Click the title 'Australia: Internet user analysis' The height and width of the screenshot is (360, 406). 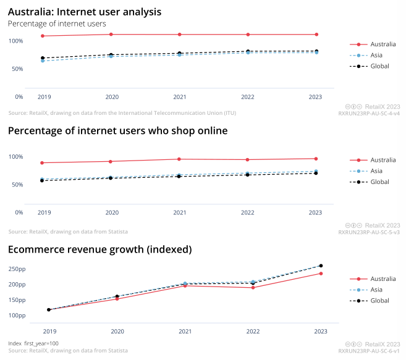pyautogui.click(x=85, y=12)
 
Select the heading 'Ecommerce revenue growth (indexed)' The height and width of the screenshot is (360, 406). pyautogui.click(x=99, y=249)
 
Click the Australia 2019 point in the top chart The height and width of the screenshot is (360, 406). pyautogui.click(x=43, y=36)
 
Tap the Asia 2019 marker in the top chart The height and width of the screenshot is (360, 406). pyautogui.click(x=43, y=61)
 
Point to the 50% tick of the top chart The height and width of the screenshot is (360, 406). pyautogui.click(x=16, y=69)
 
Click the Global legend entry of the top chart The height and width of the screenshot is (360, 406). pyautogui.click(x=379, y=65)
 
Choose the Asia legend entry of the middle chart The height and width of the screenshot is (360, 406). pyautogui.click(x=376, y=170)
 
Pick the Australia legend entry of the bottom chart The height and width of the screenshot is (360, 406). pyautogui.click(x=383, y=278)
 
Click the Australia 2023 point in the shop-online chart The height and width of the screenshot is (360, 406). pyautogui.click(x=316, y=159)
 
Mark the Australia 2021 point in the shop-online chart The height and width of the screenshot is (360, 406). pyautogui.click(x=179, y=159)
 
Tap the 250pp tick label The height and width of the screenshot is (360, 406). pyautogui.click(x=17, y=269)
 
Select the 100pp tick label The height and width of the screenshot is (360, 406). pyautogui.click(x=17, y=316)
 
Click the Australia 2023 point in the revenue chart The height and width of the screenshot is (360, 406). pyautogui.click(x=321, y=274)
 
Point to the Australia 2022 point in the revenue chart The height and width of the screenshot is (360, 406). pyautogui.click(x=253, y=288)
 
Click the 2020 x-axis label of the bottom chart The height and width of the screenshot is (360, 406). pyautogui.click(x=117, y=332)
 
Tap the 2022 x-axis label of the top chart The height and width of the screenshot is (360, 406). pyautogui.click(x=247, y=97)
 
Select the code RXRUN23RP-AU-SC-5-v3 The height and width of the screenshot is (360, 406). pyautogui.click(x=369, y=232)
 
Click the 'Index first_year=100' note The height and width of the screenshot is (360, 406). pyautogui.click(x=33, y=343)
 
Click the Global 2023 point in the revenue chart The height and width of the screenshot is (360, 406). pyautogui.click(x=321, y=266)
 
